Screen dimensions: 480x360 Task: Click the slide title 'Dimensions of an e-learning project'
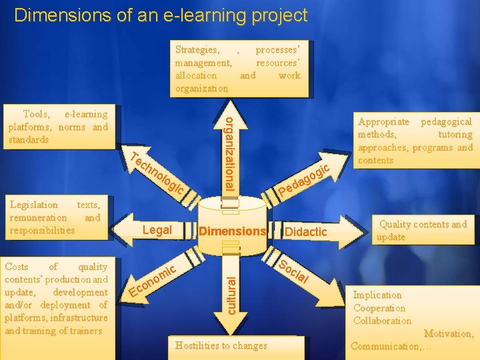click(x=161, y=15)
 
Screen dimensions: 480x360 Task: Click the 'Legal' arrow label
click(x=158, y=230)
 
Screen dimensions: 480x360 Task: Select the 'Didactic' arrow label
click(x=306, y=231)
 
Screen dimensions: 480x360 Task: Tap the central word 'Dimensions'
click(x=233, y=231)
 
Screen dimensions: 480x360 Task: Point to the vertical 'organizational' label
click(x=228, y=153)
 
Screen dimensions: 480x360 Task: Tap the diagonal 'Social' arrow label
click(x=293, y=271)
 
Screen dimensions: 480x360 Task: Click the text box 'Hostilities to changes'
click(x=221, y=345)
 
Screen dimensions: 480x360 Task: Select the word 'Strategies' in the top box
click(x=196, y=50)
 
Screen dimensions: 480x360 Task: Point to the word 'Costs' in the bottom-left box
click(x=16, y=267)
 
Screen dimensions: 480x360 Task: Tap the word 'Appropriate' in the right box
click(x=384, y=122)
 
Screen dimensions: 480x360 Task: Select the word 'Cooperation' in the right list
click(x=379, y=308)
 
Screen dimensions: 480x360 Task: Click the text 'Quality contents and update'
click(x=422, y=231)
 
